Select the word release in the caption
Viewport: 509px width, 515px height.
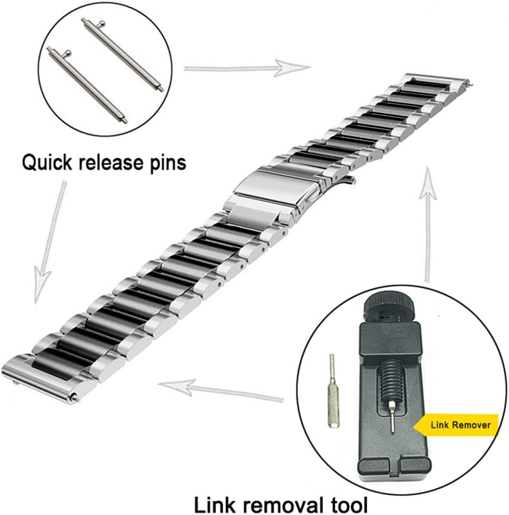click(111, 161)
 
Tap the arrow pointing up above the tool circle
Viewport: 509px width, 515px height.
click(428, 225)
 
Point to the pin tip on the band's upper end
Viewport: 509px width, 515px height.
click(470, 85)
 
